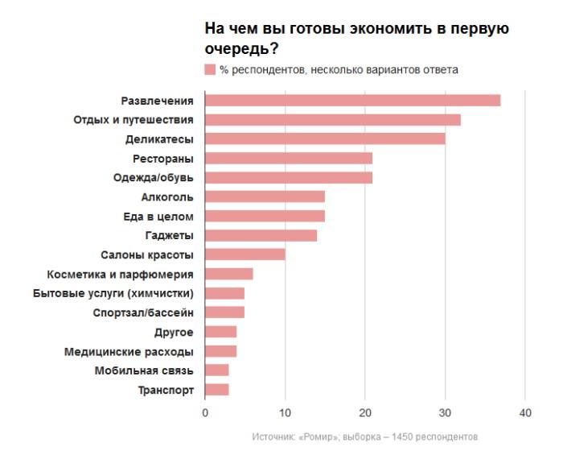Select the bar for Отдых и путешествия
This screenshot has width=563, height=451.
[x=333, y=120]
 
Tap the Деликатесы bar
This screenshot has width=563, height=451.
[x=325, y=139]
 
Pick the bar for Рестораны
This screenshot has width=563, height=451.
[x=289, y=158]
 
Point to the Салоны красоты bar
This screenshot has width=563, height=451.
[x=245, y=254]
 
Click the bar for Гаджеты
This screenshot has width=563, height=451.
[x=261, y=235]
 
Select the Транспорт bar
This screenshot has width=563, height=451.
[x=217, y=390]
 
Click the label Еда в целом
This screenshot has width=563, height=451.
[x=158, y=216]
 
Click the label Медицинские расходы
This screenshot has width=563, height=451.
[x=129, y=352]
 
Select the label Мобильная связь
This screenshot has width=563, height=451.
[x=144, y=370]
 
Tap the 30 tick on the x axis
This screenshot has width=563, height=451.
[x=445, y=413]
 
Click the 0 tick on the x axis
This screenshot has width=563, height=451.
[x=205, y=413]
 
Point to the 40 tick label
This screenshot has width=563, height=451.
[x=525, y=413]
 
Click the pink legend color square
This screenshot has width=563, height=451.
[x=210, y=70]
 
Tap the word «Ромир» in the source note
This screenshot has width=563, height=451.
[x=320, y=437]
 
